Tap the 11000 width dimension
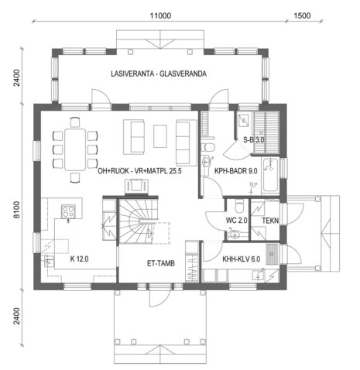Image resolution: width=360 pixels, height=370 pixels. (x=160, y=15)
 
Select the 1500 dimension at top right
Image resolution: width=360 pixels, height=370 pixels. (x=302, y=15)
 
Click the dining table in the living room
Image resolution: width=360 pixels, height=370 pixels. (x=75, y=148)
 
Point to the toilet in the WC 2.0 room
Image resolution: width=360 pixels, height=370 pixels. (x=239, y=207)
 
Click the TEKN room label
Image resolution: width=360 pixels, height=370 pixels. (x=270, y=221)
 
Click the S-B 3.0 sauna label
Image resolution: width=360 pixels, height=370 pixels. (x=254, y=140)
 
